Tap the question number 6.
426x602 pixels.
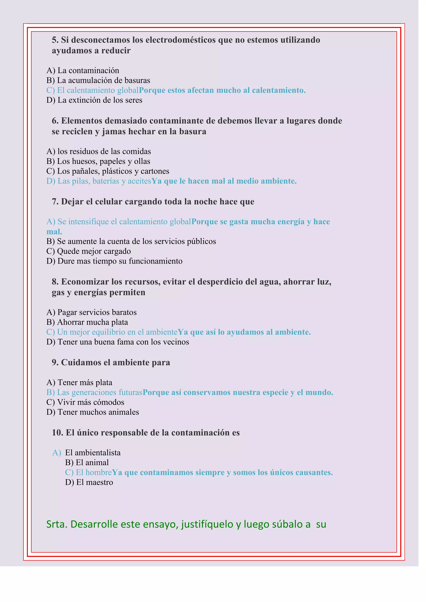55,121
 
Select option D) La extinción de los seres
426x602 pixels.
94,100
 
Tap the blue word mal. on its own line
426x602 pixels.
54,232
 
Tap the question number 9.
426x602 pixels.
55,363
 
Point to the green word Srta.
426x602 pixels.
57,524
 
